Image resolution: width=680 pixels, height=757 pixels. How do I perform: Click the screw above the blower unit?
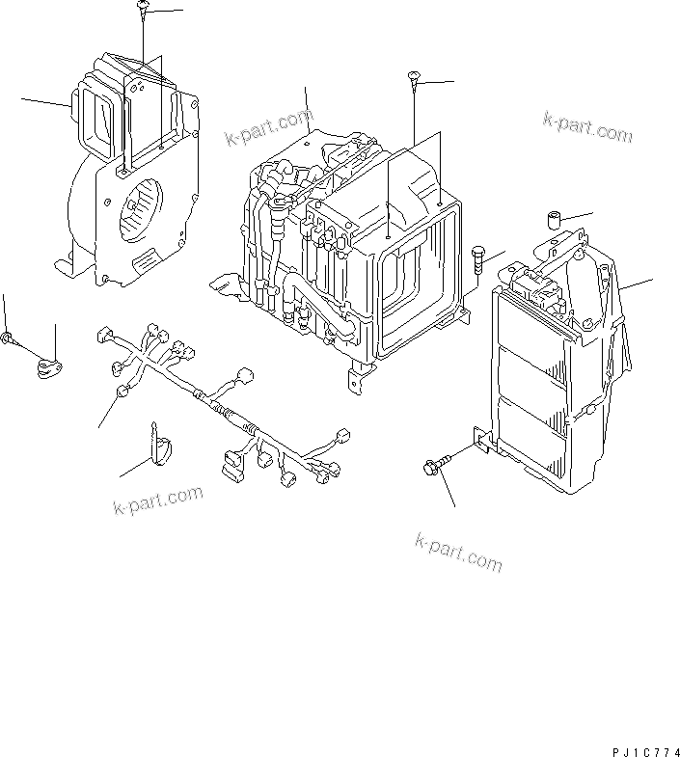point(142,9)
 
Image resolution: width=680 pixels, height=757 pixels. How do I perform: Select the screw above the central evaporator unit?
point(413,79)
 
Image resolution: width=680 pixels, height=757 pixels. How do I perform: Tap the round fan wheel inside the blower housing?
point(138,206)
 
